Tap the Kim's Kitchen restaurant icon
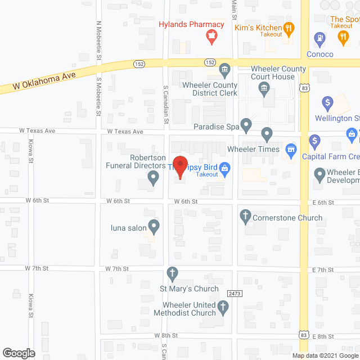coord(288,28)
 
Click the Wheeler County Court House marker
coord(263,88)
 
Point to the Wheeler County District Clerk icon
coord(224,70)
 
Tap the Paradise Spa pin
coord(246,124)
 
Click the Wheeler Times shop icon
coord(290,149)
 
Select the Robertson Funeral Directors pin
coord(153,178)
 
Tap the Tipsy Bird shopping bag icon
coord(224,167)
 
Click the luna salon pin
coord(154,227)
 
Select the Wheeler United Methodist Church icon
coord(223,307)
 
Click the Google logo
coord(18,353)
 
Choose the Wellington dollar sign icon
coord(327,103)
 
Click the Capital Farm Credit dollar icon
coord(314,140)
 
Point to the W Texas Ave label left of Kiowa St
coord(37,130)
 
